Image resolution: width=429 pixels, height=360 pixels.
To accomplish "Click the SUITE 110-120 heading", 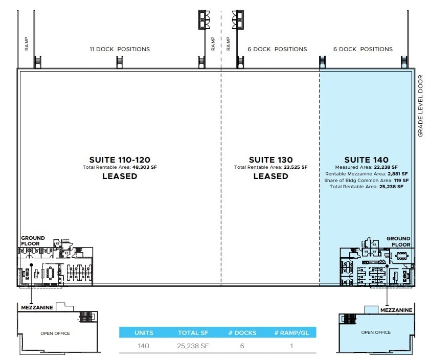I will [x=120, y=160].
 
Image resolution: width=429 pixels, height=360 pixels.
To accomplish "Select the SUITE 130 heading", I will [x=270, y=160].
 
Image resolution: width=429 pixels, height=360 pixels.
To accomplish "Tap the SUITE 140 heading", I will [x=366, y=160].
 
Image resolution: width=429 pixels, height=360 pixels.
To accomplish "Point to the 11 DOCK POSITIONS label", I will [x=120, y=49].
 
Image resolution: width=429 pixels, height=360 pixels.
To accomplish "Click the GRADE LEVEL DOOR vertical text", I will [x=421, y=106].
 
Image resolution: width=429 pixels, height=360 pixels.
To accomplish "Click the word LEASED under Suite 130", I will [x=270, y=176].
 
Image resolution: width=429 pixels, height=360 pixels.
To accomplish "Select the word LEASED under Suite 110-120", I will [x=120, y=176].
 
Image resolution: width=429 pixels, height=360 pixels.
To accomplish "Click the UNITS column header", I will [x=144, y=333].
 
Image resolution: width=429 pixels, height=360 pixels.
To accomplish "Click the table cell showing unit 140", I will [x=144, y=346].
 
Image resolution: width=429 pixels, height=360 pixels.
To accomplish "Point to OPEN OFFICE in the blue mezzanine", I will [x=376, y=332].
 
